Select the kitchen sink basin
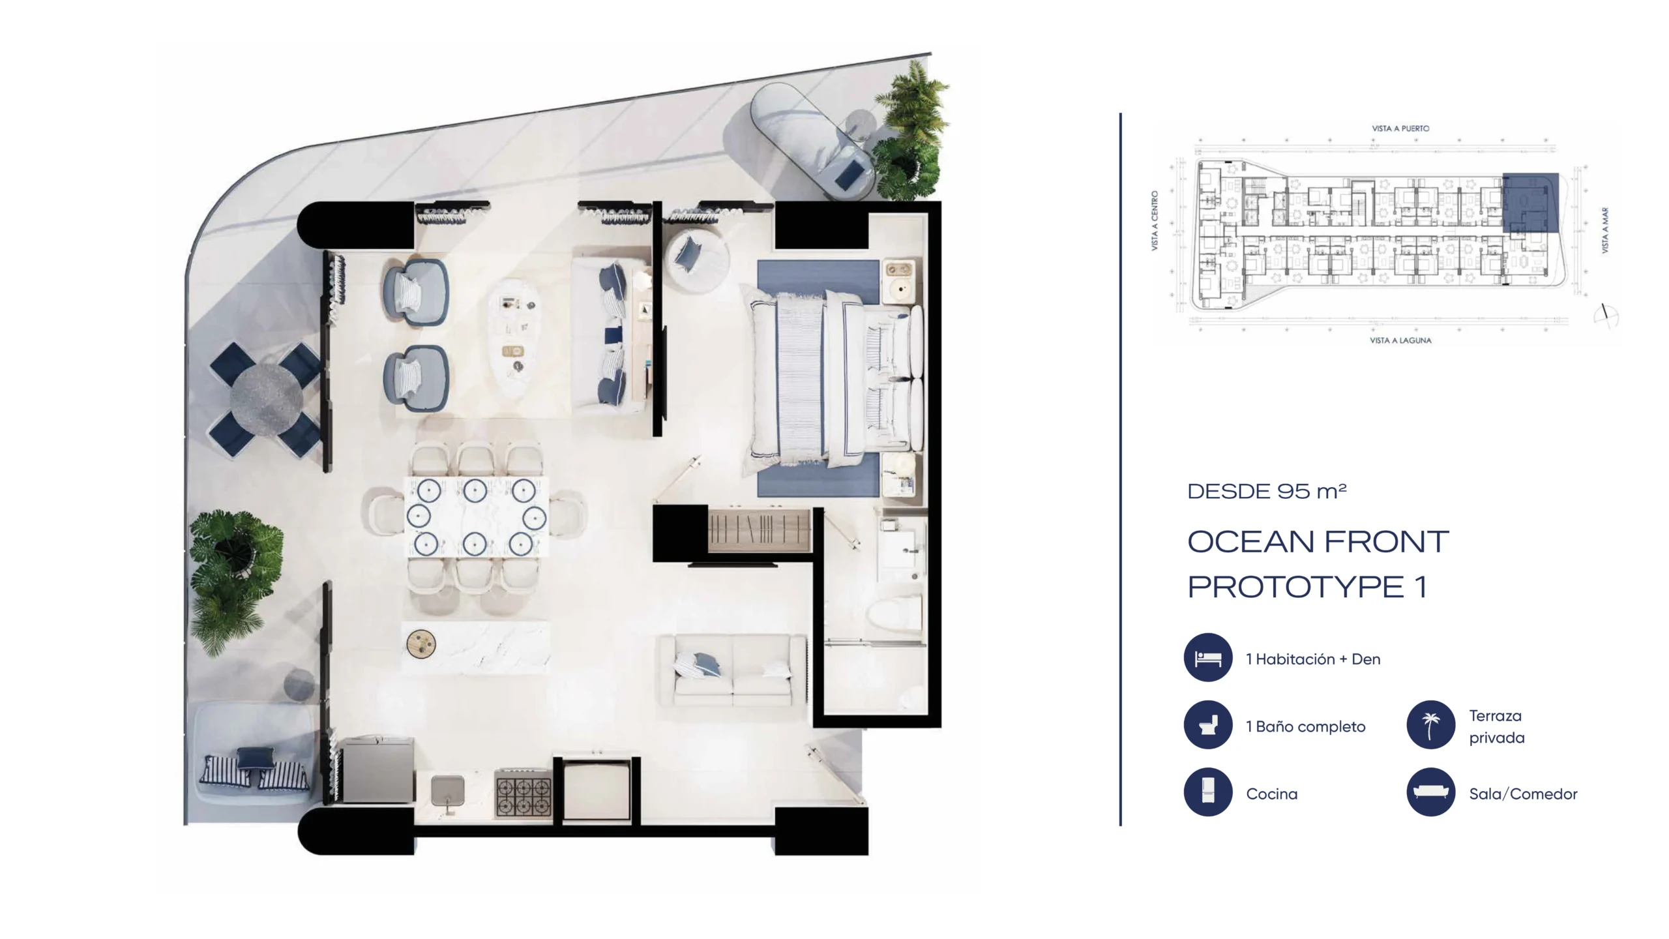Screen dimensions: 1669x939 [448, 791]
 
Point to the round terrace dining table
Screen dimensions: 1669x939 [266, 396]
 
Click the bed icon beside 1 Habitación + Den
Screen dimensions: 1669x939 [1208, 657]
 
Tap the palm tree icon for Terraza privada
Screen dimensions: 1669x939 [1430, 725]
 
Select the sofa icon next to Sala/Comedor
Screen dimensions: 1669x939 [1430, 792]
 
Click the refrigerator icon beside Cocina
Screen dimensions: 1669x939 [1208, 792]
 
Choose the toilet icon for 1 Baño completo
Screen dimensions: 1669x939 [1208, 725]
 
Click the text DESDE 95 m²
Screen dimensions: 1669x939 [1267, 491]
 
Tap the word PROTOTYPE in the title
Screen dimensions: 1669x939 [1295, 587]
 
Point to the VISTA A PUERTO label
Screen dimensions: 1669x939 [1400, 128]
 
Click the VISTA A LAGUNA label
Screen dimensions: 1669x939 [1400, 340]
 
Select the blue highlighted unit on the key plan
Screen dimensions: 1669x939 [1530, 202]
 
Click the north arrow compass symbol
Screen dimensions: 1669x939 [1606, 316]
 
